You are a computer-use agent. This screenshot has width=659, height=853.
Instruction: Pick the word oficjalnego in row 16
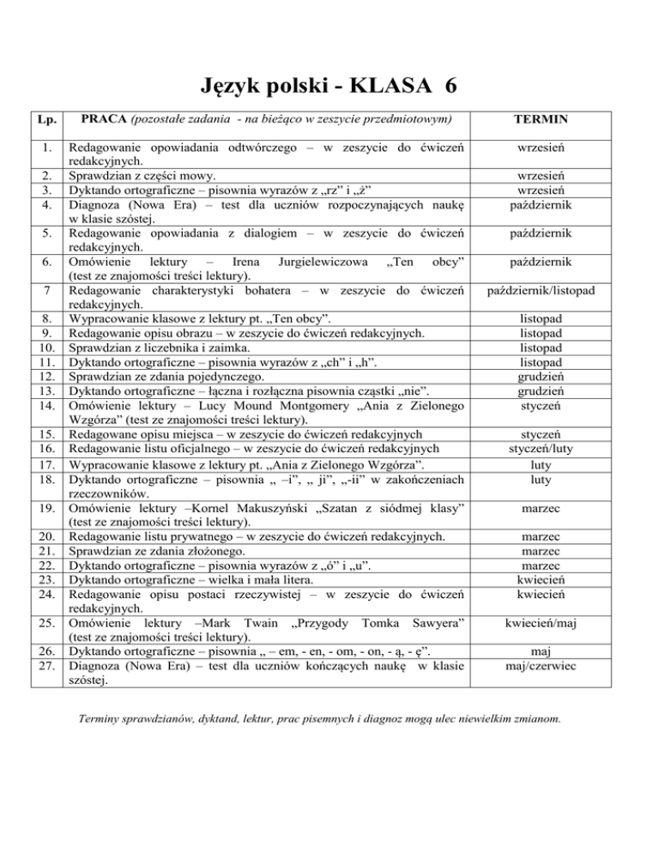click(200, 448)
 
